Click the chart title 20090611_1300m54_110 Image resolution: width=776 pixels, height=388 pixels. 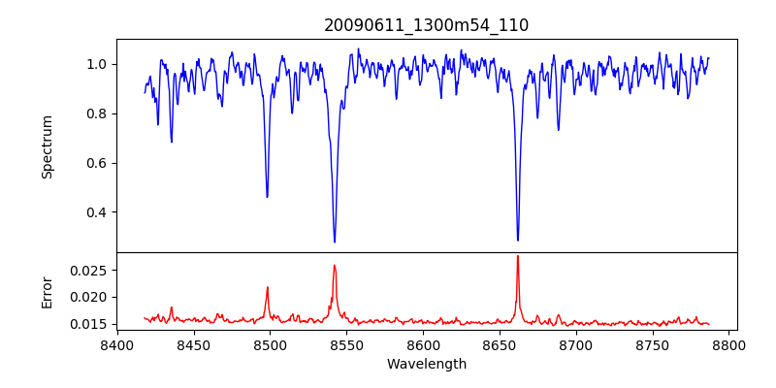click(x=426, y=25)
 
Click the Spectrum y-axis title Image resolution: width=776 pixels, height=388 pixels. click(x=47, y=146)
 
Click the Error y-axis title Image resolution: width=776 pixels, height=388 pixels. click(x=47, y=292)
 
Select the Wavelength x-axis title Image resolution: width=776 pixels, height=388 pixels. click(x=426, y=365)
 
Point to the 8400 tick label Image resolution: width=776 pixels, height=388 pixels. click(x=116, y=344)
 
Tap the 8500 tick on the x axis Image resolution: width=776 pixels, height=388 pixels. click(x=270, y=344)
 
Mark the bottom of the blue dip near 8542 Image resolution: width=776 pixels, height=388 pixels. click(x=335, y=242)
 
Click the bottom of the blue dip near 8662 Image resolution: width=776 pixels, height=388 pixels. click(x=518, y=240)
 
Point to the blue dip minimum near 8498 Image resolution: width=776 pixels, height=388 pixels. click(x=267, y=197)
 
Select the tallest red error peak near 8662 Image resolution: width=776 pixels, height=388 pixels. click(x=518, y=256)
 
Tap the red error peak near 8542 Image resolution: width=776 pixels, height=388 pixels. click(x=334, y=265)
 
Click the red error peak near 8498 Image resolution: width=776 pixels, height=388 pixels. click(x=267, y=287)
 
